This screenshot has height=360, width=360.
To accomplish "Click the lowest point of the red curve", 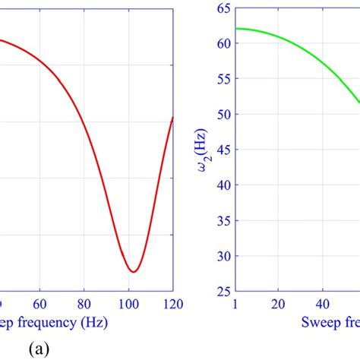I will (133, 271).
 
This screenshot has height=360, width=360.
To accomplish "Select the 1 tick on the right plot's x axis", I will (237, 303).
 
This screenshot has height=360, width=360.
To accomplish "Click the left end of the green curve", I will (237, 29).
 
